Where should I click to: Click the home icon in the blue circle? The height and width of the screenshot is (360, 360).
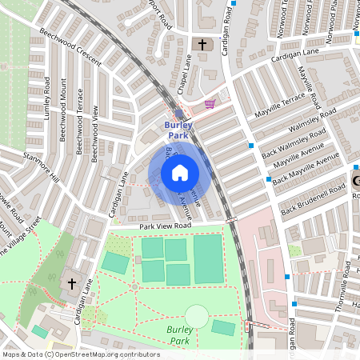180,172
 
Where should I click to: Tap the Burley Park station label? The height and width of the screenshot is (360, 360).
179,130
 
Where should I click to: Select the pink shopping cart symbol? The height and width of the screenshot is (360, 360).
210,103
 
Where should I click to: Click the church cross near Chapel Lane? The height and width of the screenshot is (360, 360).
201,45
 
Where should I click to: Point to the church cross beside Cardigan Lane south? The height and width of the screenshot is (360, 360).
71,283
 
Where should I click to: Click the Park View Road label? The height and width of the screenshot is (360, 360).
166,226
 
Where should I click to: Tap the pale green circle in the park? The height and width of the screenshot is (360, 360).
197,316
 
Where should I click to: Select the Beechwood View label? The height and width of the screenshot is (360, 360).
94,133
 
